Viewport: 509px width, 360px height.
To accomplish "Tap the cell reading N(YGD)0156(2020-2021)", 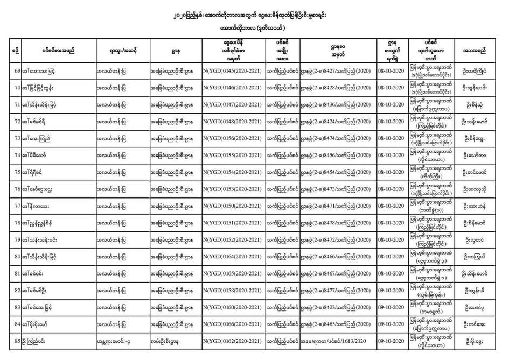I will pos(233,138).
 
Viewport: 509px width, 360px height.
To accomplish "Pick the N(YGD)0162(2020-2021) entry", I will pos(233,341).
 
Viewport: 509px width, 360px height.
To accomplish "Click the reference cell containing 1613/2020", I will pos(334,341).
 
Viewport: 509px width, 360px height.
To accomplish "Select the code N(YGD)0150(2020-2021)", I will pos(233,206).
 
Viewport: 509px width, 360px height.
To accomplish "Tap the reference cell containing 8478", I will pos(334,223).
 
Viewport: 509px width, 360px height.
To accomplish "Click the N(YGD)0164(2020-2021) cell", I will pos(233,257).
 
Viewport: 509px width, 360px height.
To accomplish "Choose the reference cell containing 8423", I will pos(334,307).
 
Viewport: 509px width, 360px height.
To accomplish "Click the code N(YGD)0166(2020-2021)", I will pos(233,324).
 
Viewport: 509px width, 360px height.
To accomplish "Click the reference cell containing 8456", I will pos(334,156).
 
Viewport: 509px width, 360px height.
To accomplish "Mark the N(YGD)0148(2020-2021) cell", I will pos(233,122).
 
